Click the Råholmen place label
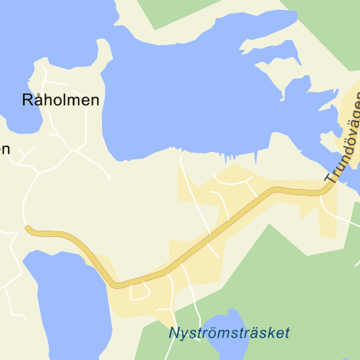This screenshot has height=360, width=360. [61, 100]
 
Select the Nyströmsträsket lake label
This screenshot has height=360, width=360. [229, 333]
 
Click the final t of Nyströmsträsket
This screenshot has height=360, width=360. [286, 333]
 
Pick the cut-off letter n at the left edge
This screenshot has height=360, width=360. [5, 149]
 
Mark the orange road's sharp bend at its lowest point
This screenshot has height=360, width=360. [117, 284]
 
